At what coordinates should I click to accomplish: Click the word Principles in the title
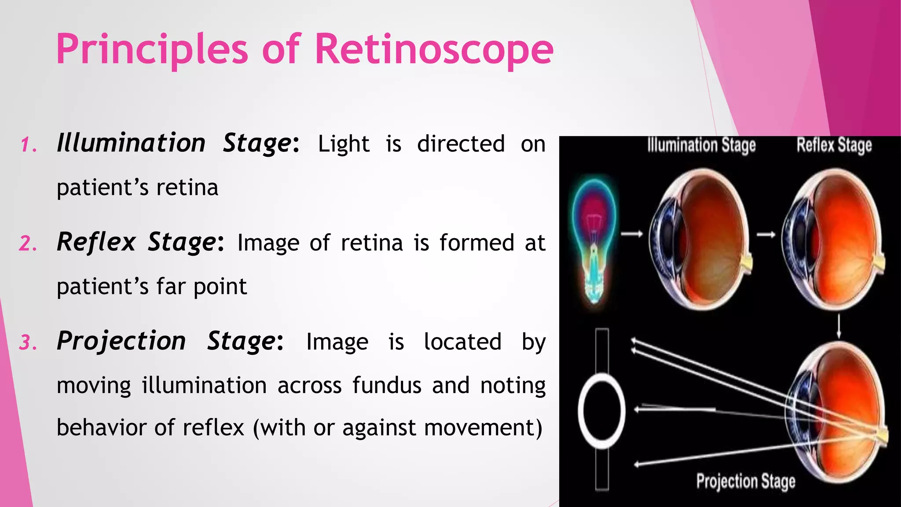pyautogui.click(x=152, y=49)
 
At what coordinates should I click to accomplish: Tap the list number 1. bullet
pyautogui.click(x=29, y=145)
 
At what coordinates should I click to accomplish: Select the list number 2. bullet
pyautogui.click(x=29, y=243)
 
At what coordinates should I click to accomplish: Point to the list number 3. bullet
pyautogui.click(x=29, y=342)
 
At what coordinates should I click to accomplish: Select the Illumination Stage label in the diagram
pyautogui.click(x=701, y=146)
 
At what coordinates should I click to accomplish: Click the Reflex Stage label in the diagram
pyautogui.click(x=834, y=146)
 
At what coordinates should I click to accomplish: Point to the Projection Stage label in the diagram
pyautogui.click(x=745, y=481)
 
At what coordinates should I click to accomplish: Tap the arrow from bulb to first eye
pyautogui.click(x=632, y=234)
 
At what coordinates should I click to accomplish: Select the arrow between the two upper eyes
pyautogui.click(x=766, y=235)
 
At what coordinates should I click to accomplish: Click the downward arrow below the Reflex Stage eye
pyautogui.click(x=839, y=326)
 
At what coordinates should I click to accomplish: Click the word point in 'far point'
pyautogui.click(x=220, y=287)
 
